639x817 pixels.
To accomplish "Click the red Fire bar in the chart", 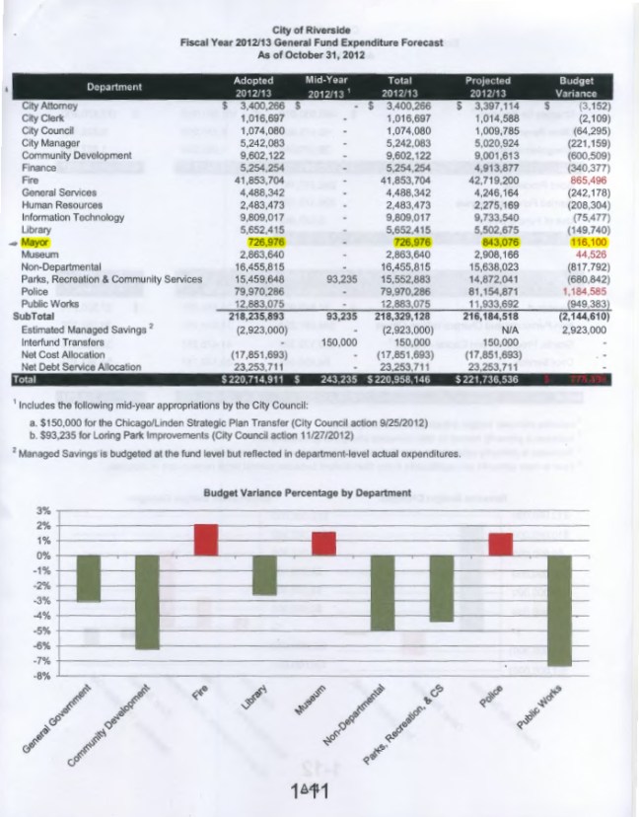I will click(206, 540).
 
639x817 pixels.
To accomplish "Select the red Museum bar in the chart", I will click(323, 544).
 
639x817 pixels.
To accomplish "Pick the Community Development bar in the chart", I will click(148, 601).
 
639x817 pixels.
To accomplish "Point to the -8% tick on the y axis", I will click(43, 677).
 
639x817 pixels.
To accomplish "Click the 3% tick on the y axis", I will click(43, 510).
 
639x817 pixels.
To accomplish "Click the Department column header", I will click(115, 86).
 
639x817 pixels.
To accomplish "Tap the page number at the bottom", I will click(309, 791).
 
